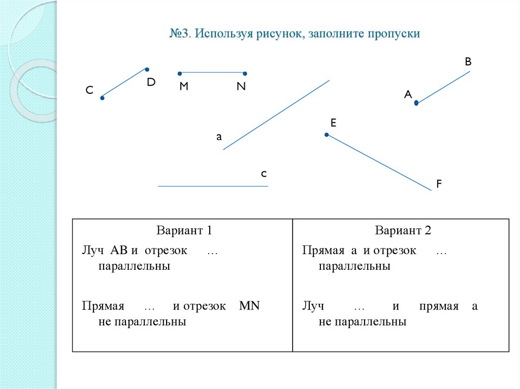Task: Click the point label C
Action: (89, 90)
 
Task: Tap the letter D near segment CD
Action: (151, 82)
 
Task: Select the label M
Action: (184, 87)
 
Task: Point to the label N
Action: (241, 87)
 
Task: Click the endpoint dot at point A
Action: (416, 103)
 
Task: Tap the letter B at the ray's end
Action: (468, 62)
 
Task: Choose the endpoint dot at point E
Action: (327, 135)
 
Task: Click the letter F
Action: (439, 185)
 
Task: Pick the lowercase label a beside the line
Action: (219, 137)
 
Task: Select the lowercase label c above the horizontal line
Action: (264, 174)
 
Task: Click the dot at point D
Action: (147, 69)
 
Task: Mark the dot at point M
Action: (180, 73)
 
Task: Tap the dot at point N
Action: (245, 73)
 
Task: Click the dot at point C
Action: (102, 98)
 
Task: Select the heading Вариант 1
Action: (183, 231)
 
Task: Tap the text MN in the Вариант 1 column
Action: (248, 306)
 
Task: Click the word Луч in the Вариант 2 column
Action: (313, 306)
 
